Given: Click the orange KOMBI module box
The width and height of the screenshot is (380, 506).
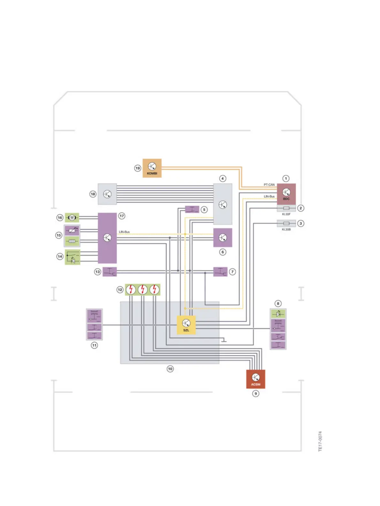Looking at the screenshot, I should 152,168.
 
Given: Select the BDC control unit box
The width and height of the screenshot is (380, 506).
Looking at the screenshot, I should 286,194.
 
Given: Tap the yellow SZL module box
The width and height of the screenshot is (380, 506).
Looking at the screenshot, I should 186,325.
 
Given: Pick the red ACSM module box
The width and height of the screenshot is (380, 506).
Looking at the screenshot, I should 255,379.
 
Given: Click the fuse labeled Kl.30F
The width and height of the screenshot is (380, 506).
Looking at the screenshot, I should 286,208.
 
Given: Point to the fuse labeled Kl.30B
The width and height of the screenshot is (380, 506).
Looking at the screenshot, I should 286,224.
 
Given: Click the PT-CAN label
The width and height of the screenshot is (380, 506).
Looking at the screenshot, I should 269,185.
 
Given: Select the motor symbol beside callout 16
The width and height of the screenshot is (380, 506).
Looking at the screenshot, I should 72,218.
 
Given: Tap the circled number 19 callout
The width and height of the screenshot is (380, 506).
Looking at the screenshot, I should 138,168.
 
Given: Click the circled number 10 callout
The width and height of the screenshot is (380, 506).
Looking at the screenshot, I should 170,369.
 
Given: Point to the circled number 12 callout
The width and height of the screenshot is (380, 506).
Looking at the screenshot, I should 120,290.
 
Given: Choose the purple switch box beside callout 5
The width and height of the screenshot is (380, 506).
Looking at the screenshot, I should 192,210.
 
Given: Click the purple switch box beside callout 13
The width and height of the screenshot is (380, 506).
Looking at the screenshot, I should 110,272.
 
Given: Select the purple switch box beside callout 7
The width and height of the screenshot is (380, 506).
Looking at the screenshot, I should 220,272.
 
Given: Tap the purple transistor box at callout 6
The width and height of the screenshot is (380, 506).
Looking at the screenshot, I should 223,238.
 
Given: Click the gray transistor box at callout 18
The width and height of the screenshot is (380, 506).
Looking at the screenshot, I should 107,194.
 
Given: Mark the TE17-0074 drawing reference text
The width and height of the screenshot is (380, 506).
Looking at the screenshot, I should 320,441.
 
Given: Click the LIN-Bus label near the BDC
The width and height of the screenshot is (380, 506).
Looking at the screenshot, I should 269,196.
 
